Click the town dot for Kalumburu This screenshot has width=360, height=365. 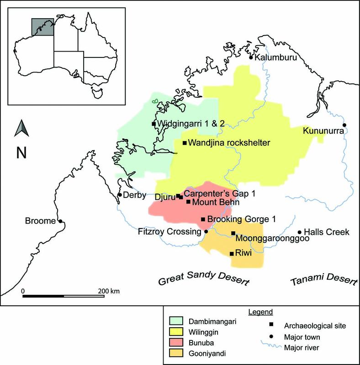click(251, 57)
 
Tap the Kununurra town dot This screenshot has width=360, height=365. click(344, 125)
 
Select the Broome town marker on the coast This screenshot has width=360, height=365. click(60, 222)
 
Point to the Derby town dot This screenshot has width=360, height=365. click(120, 195)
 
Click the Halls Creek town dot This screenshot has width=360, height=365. click(300, 232)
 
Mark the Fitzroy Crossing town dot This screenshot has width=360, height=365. click(206, 232)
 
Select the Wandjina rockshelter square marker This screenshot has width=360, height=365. click(185, 143)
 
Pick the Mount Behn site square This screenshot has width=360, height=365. click(189, 201)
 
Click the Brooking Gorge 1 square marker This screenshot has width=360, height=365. click(203, 219)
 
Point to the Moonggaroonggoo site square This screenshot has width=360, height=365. click(233, 233)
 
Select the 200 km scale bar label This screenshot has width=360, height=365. click(109, 291)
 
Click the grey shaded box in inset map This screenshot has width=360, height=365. click(42, 27)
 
